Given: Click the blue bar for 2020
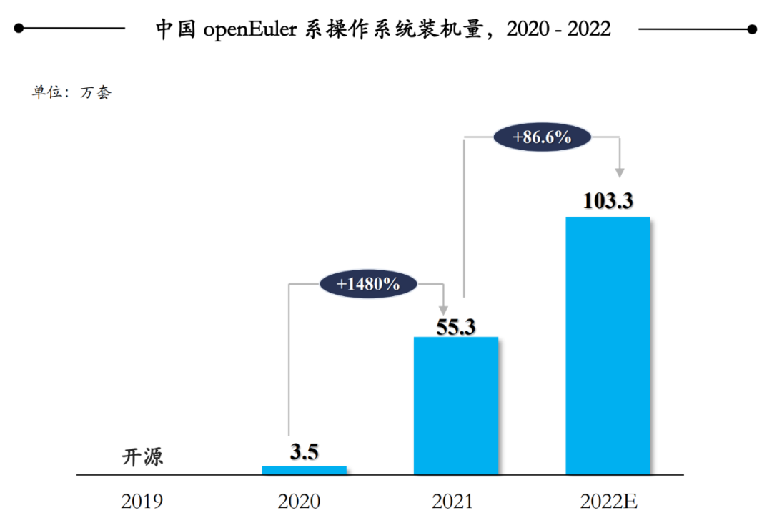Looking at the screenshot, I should (x=305, y=470).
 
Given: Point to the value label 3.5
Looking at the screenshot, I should (x=304, y=453).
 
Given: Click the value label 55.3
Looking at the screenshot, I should (x=456, y=326).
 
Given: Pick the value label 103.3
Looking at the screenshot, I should (x=608, y=202).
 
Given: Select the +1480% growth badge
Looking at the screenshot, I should (x=368, y=283).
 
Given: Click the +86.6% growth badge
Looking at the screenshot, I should (x=543, y=137).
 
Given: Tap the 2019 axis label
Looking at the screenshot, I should (x=142, y=501).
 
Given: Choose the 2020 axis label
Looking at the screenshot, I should (x=300, y=501).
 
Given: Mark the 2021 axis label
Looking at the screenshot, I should (x=452, y=501).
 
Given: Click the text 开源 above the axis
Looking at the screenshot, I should (x=142, y=456).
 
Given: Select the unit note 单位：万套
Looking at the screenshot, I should (x=71, y=93).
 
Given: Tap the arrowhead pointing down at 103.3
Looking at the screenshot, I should (x=620, y=172).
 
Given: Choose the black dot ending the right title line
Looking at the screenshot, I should (x=751, y=29).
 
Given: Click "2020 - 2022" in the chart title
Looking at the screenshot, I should (x=558, y=29).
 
